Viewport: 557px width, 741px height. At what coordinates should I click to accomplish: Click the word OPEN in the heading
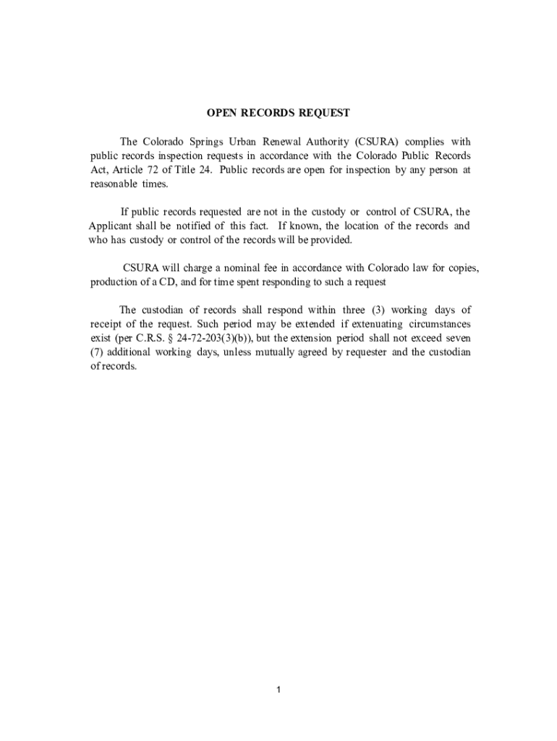pos(222,113)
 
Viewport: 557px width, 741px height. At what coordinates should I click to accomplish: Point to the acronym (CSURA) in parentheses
pos(377,141)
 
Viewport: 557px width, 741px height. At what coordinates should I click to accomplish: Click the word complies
pos(429,141)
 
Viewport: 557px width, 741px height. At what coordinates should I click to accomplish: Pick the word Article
pos(127,170)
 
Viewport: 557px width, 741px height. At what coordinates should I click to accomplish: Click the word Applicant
pos(111,226)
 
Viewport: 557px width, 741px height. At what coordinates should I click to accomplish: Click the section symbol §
pos(170,339)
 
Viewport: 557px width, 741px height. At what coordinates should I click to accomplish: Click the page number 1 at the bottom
pos(278,690)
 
